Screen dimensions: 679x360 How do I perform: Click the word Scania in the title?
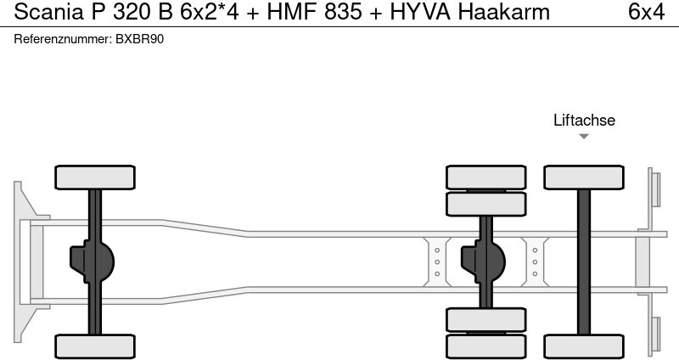coord(49,12)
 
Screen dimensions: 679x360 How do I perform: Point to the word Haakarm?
coord(503,12)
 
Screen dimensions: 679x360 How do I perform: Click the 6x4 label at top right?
coord(646,12)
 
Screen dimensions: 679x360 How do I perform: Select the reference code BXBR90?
coord(139,39)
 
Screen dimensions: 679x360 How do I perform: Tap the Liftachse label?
coord(584,120)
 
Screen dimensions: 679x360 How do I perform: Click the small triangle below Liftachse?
coord(584,137)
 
